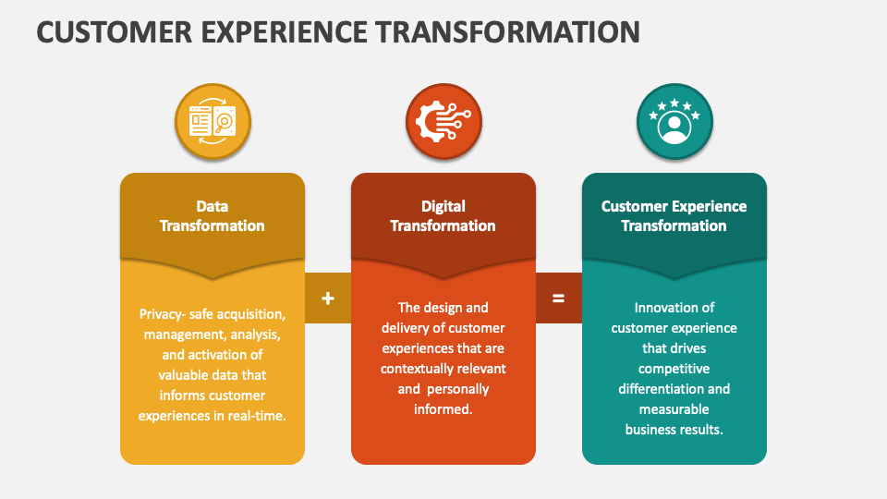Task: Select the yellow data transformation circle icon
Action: click(x=213, y=122)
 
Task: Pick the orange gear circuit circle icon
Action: click(x=443, y=122)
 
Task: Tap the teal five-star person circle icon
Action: click(x=674, y=122)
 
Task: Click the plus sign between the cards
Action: click(x=327, y=298)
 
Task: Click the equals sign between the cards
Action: click(x=558, y=298)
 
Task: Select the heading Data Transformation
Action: click(x=213, y=215)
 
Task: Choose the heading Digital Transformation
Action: click(x=443, y=215)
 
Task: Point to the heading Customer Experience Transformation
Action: click(x=674, y=215)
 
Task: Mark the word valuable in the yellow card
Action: click(x=185, y=375)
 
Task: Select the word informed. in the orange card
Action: click(x=443, y=409)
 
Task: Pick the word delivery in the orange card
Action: click(x=403, y=328)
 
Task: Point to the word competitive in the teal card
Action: click(x=674, y=369)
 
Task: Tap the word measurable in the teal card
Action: click(x=674, y=409)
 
